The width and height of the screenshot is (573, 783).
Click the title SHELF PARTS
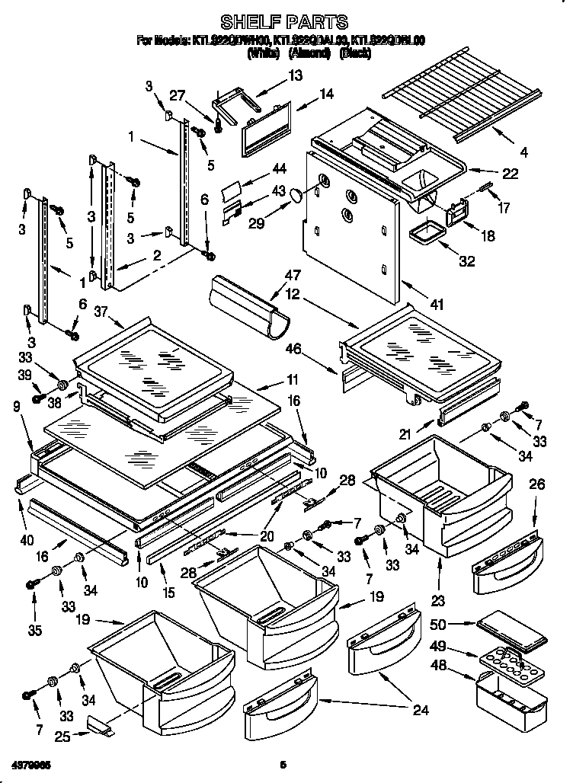point(284,21)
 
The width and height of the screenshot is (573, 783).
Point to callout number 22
point(510,174)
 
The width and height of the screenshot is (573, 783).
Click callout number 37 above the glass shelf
point(103,310)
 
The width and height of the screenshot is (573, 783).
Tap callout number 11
point(293,379)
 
